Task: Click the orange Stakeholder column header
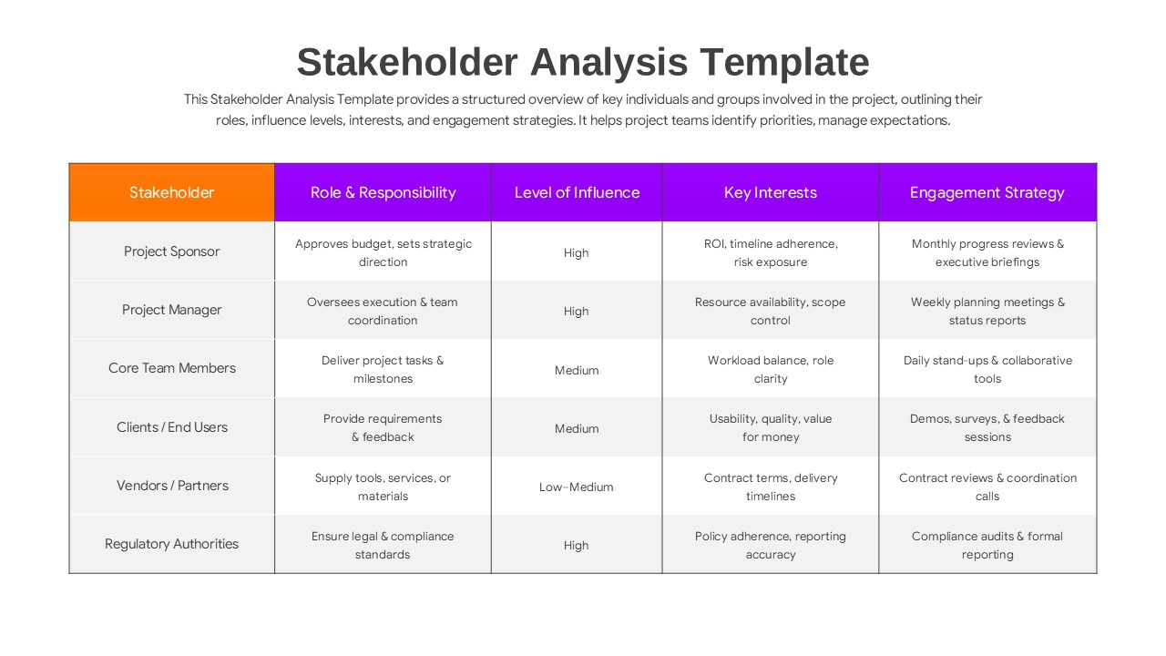click(x=171, y=192)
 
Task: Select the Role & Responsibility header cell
click(x=383, y=192)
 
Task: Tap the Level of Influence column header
click(x=577, y=192)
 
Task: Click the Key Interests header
click(x=770, y=192)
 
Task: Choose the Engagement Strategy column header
click(x=987, y=192)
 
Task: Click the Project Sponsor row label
click(x=171, y=251)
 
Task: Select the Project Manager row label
click(x=171, y=310)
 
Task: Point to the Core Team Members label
click(x=171, y=368)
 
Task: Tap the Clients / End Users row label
click(x=171, y=427)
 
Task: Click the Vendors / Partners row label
click(x=171, y=486)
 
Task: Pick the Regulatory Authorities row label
click(x=171, y=544)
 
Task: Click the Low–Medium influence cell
click(x=577, y=487)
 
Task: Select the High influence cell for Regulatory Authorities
click(x=577, y=545)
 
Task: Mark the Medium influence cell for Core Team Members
click(x=577, y=370)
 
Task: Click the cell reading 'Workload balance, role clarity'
click(x=770, y=369)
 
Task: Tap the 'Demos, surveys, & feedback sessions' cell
click(x=987, y=427)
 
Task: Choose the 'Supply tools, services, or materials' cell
click(x=383, y=487)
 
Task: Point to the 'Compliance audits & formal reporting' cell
click(x=987, y=545)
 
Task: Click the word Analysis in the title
click(x=608, y=63)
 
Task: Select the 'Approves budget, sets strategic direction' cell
click(x=383, y=252)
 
